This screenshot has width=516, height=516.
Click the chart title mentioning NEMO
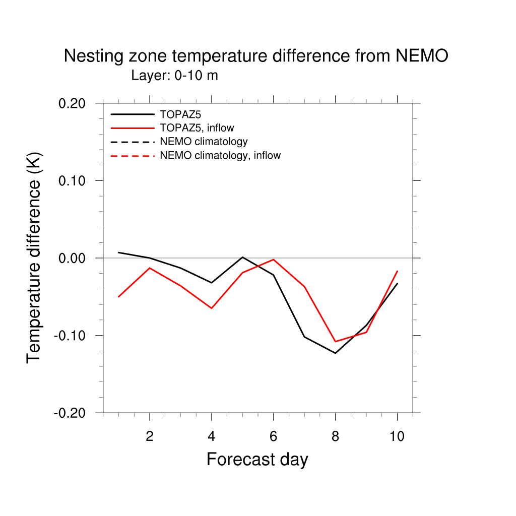[x=255, y=56]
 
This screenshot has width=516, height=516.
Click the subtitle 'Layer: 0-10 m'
[x=174, y=76]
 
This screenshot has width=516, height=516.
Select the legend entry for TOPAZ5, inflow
[x=197, y=127]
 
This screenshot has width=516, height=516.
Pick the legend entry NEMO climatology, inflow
[x=220, y=155]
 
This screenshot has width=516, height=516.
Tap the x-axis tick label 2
[x=150, y=436]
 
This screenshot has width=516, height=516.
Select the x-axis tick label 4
[x=211, y=436]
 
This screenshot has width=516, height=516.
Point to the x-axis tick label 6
[x=273, y=436]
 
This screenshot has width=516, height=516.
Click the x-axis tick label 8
[x=335, y=436]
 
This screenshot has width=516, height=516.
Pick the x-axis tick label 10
[x=397, y=436]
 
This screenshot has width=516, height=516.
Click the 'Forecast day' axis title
[x=257, y=460]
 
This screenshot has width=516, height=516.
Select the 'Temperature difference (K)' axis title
[x=34, y=257]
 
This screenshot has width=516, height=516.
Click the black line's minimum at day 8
[x=335, y=353]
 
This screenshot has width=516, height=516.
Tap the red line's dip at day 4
[x=211, y=308]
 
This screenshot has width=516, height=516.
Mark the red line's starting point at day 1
[x=118, y=297]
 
